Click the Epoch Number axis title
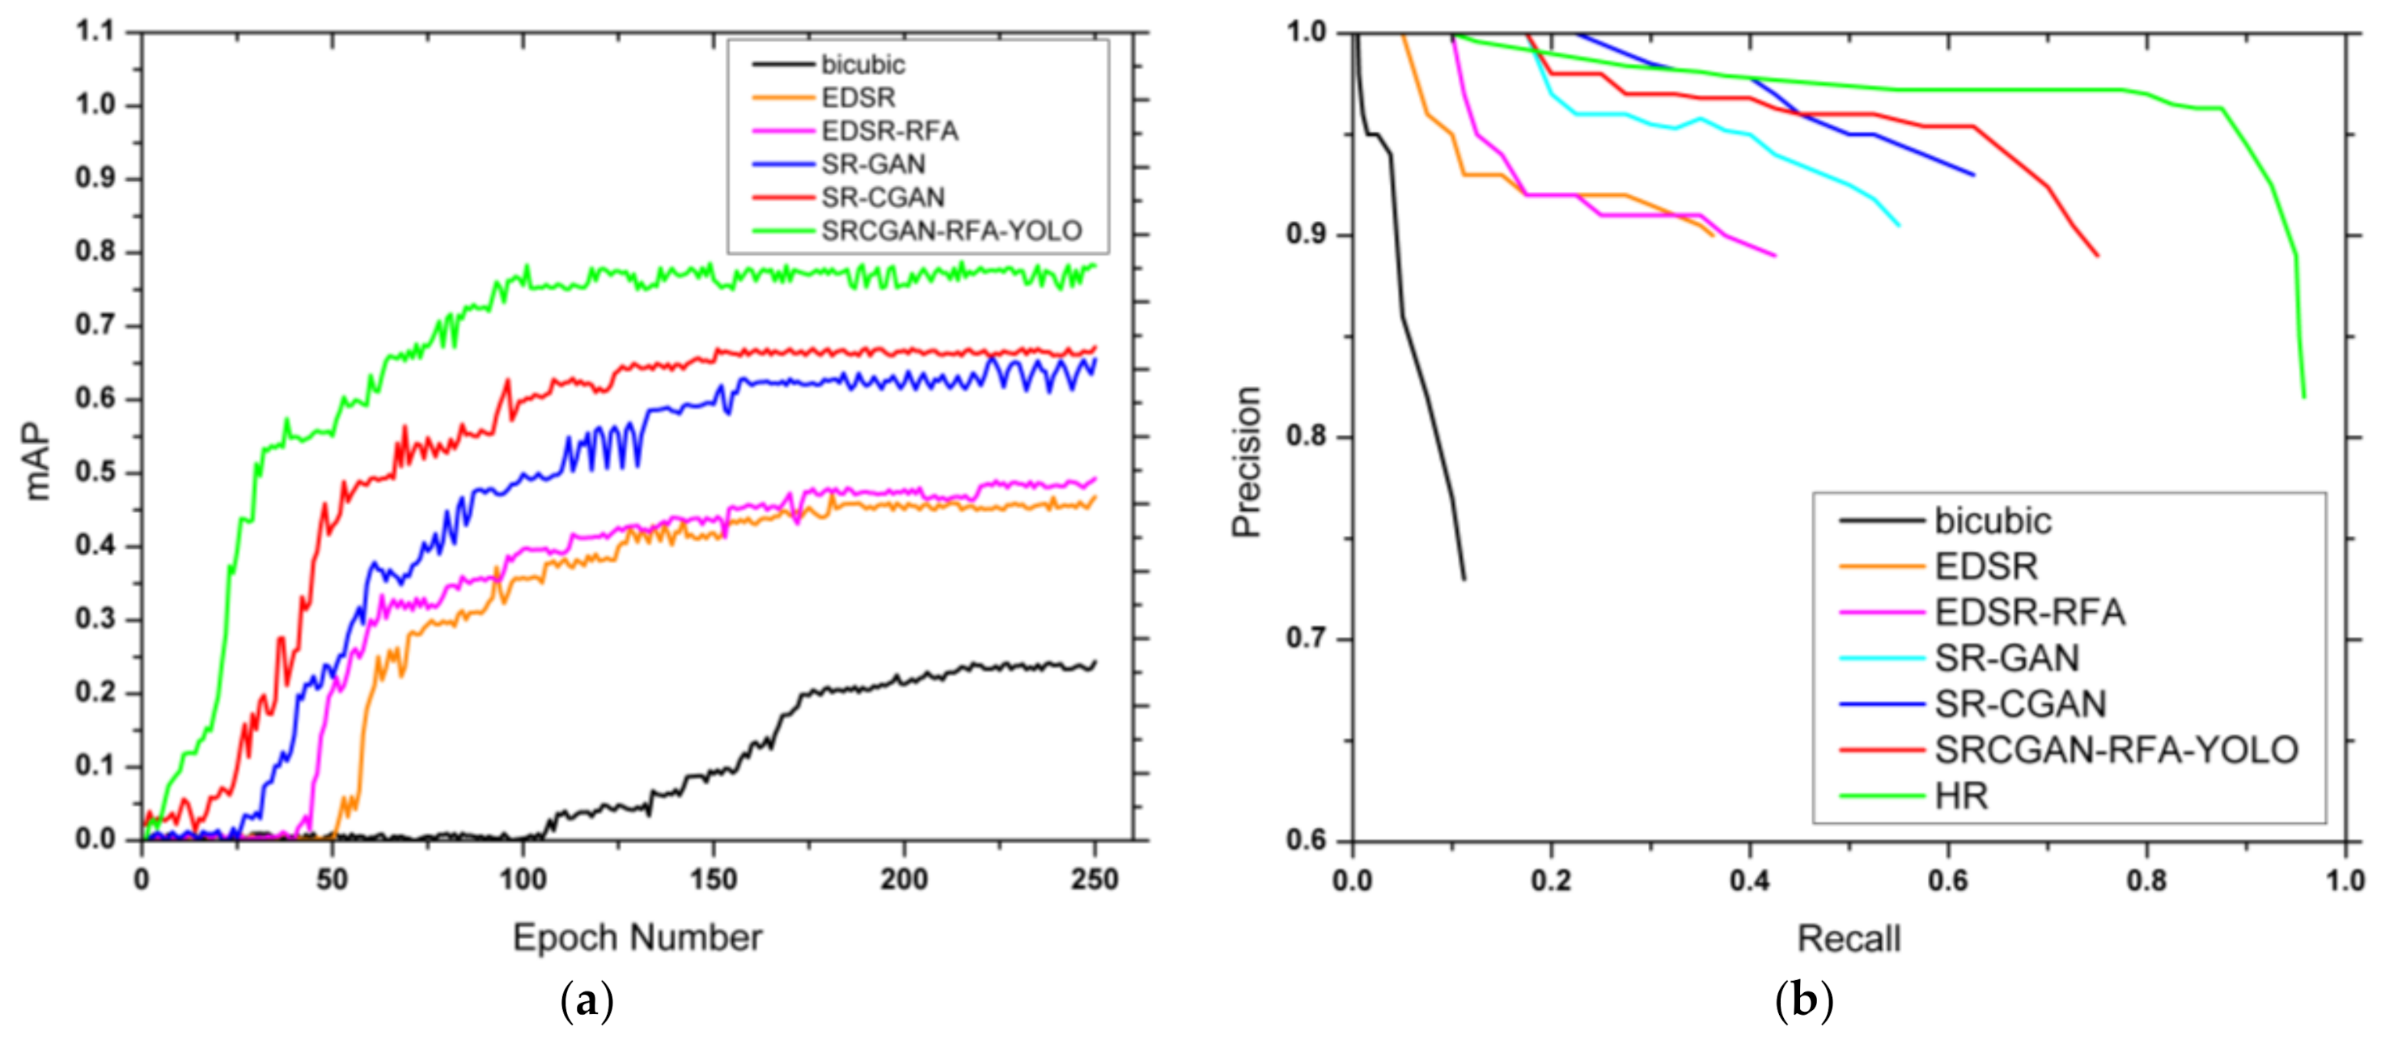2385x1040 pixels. pos(637,937)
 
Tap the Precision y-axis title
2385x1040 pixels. pos(1246,461)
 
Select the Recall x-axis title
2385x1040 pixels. pos(1848,938)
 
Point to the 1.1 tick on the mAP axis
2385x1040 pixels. pos(95,32)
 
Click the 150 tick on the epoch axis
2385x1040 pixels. pos(713,879)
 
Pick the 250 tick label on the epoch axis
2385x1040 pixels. pos(1095,879)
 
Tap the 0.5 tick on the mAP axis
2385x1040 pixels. pos(95,473)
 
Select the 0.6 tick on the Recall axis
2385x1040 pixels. pos(1948,880)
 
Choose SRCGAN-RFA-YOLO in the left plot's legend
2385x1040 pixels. pos(951,231)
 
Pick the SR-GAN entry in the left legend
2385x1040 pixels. pos(872,164)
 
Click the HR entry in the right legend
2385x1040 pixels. pos(1961,796)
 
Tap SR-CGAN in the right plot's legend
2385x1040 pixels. pos(2019,704)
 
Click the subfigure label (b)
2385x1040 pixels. pos(1803,1001)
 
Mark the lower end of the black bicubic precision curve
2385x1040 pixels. pos(1464,579)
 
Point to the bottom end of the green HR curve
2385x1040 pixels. pos(2303,397)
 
